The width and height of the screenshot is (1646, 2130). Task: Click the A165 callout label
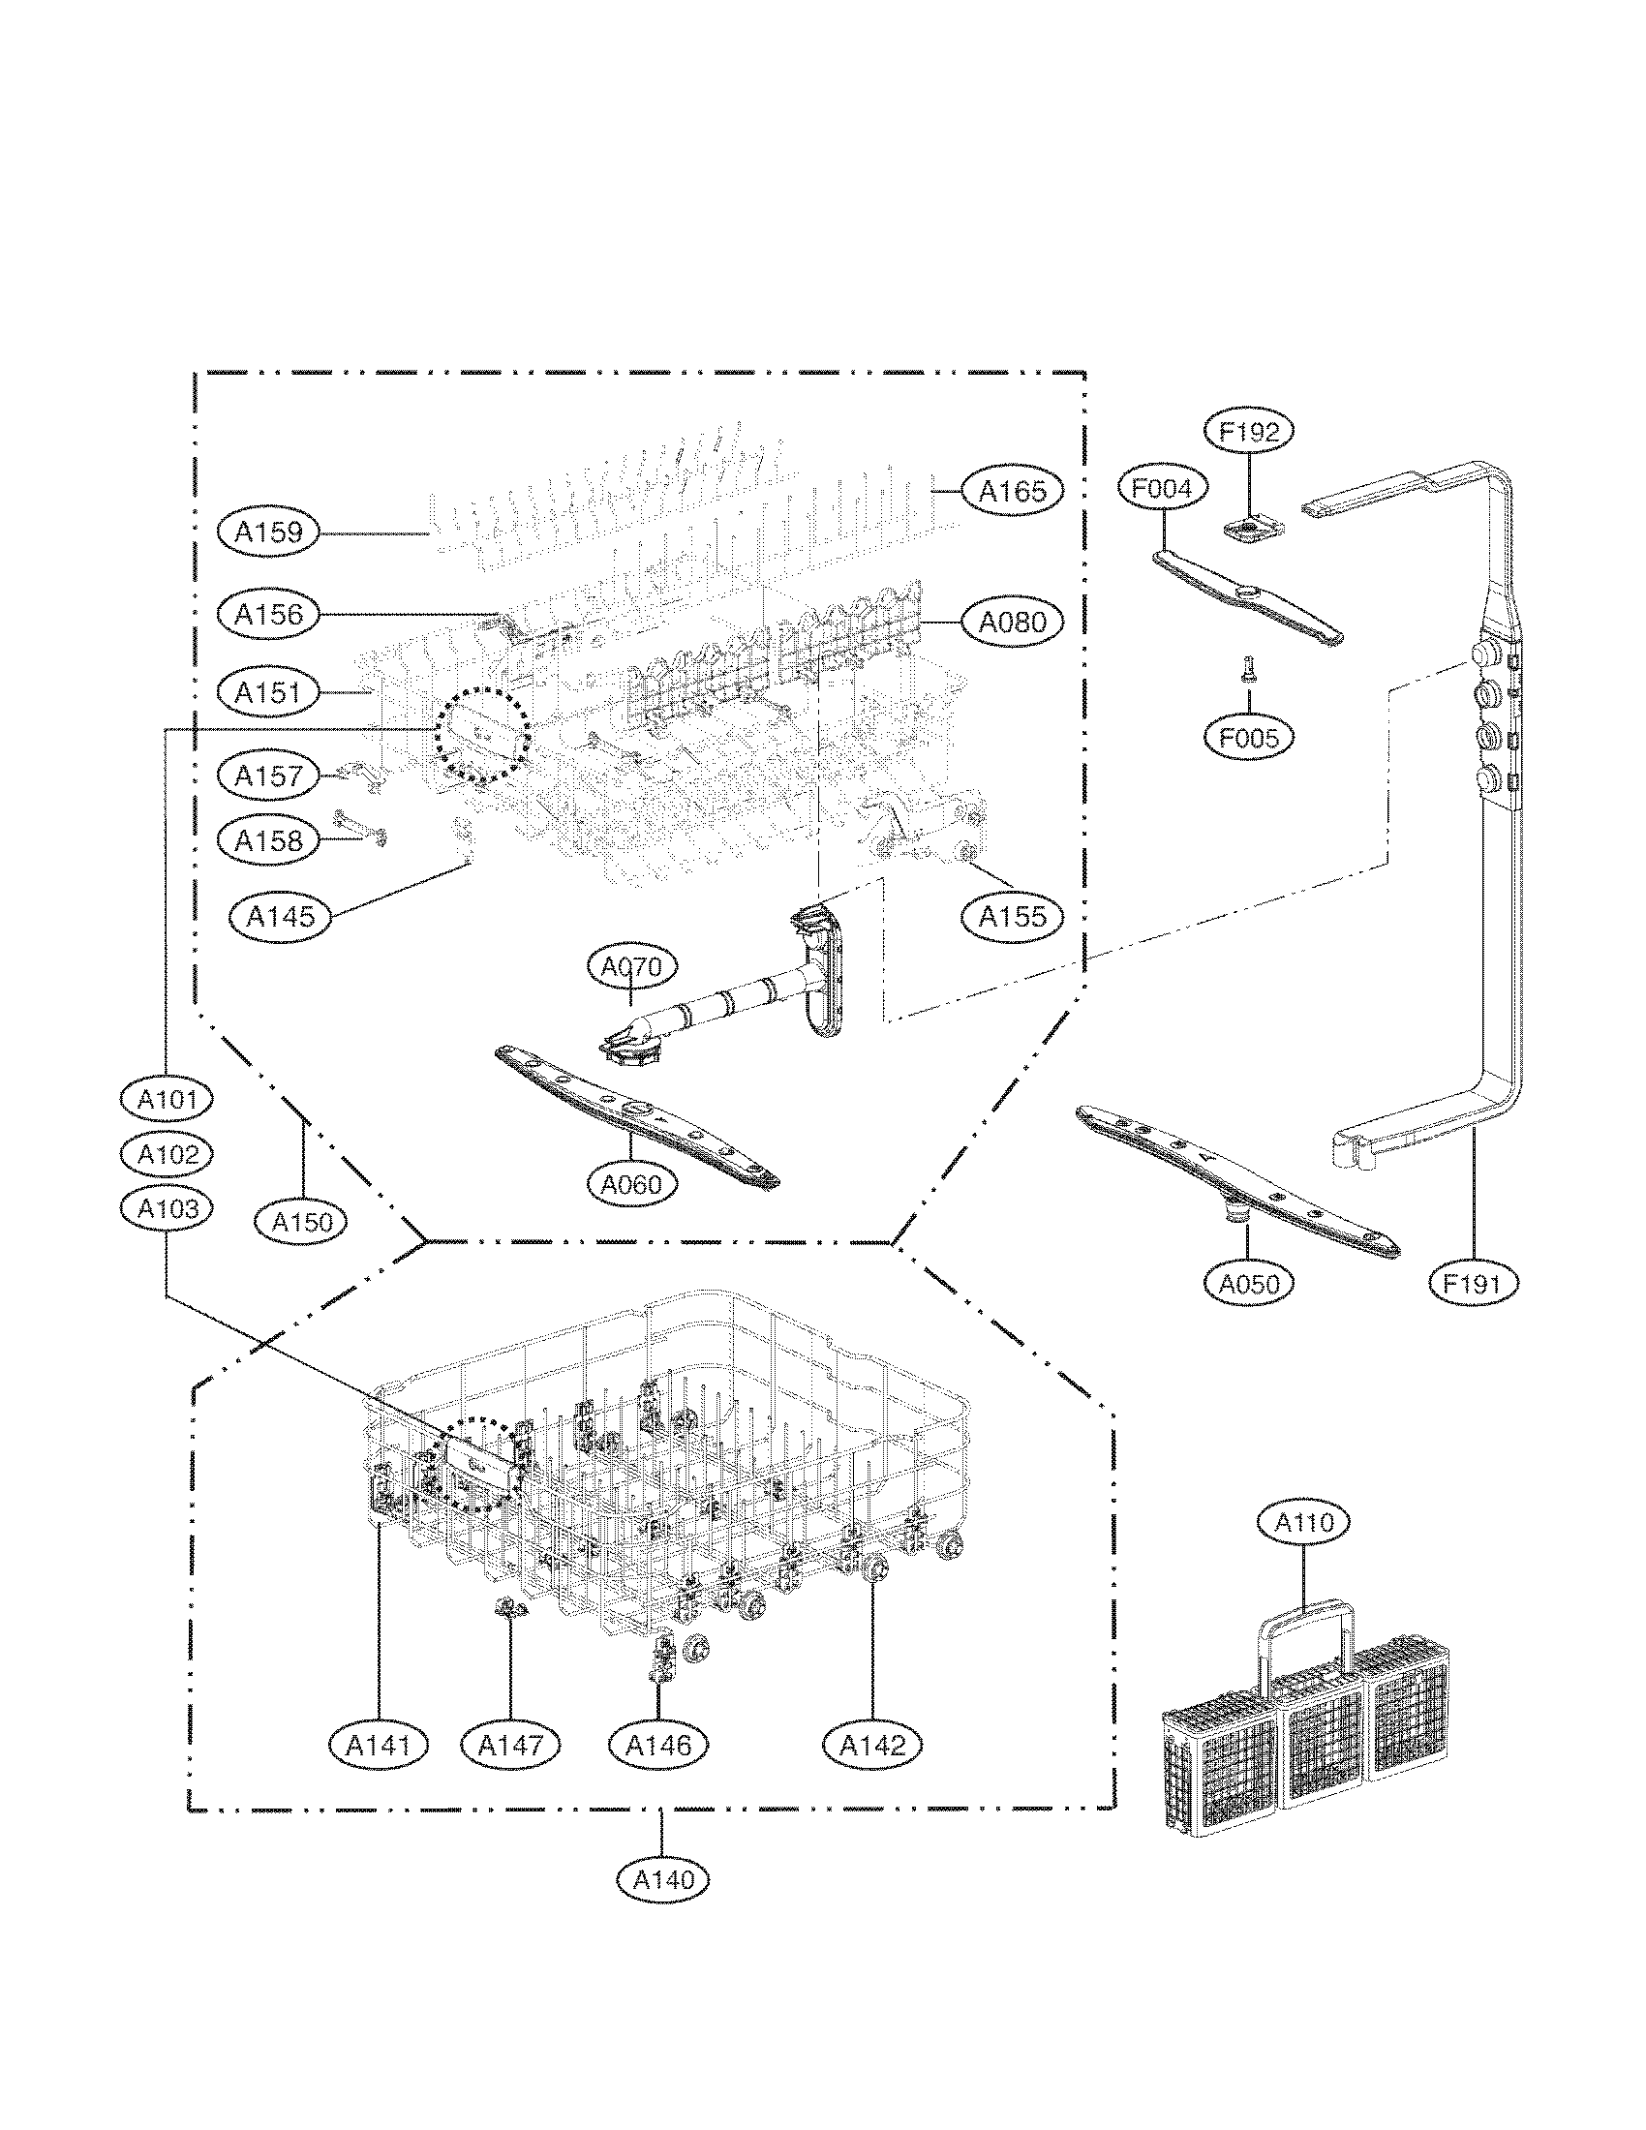(1011, 491)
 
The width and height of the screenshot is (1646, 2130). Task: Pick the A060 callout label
(631, 1184)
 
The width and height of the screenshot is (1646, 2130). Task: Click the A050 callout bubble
(1249, 1285)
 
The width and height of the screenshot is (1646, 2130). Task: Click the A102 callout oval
(167, 1155)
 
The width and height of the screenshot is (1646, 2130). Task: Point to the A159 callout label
(268, 532)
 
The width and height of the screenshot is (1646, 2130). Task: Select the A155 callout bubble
(1011, 916)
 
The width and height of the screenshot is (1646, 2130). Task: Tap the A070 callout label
(631, 967)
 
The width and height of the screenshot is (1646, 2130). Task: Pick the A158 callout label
(268, 840)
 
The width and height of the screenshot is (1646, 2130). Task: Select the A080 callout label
(1011, 622)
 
